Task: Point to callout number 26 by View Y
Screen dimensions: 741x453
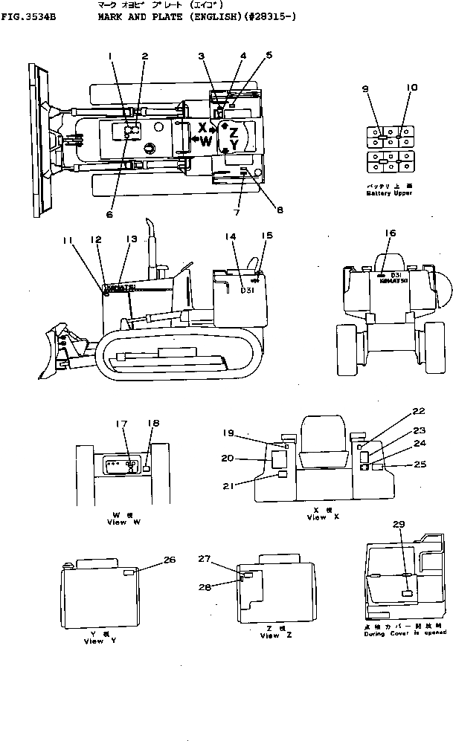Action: (169, 560)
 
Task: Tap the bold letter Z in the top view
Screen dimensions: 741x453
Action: (233, 132)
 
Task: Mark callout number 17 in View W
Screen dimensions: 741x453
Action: (121, 424)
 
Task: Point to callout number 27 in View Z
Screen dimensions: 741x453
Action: (205, 557)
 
